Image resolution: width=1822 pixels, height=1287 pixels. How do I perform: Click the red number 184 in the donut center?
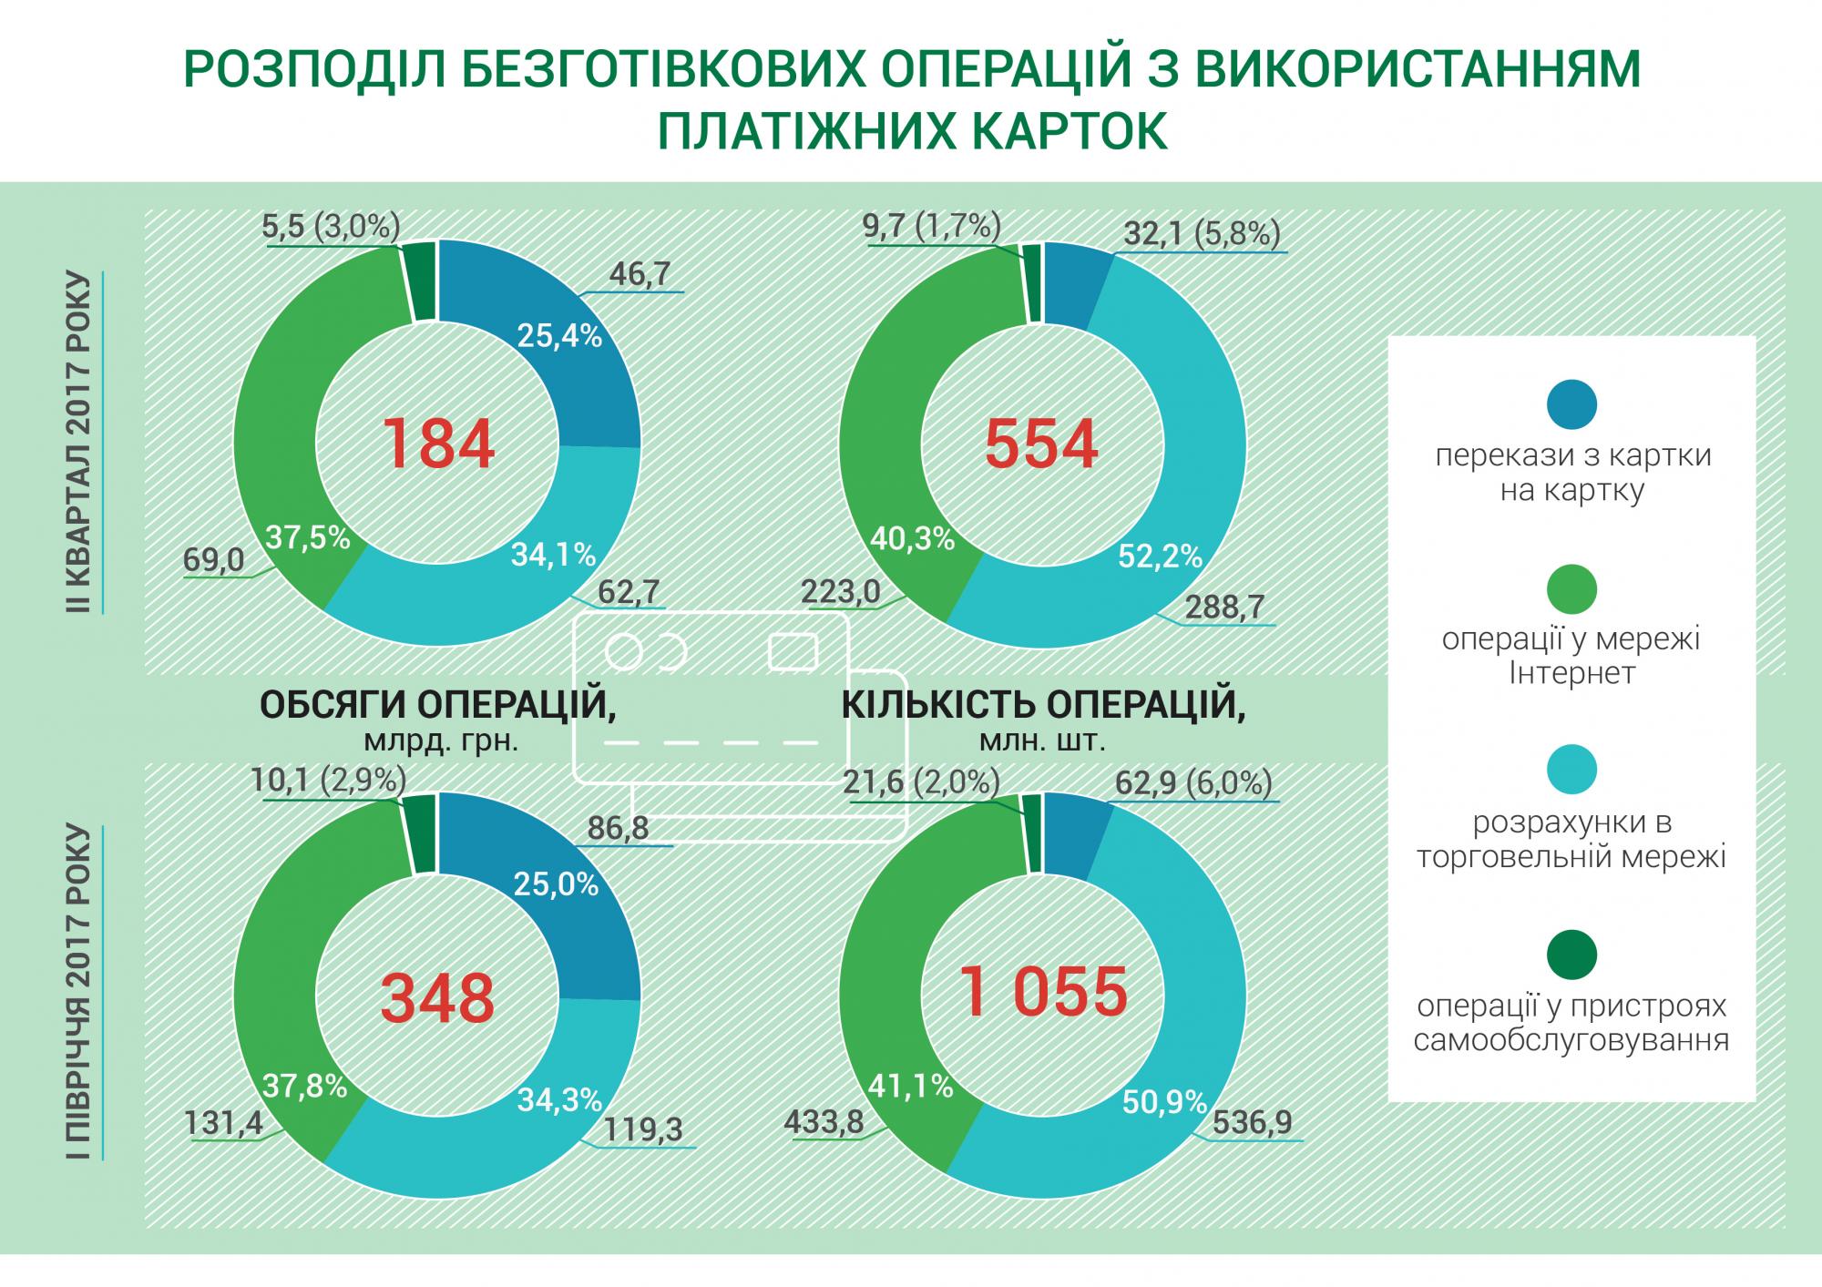[437, 444]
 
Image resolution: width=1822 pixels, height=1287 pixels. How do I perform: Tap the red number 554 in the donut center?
[1041, 444]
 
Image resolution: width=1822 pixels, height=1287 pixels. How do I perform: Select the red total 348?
[437, 996]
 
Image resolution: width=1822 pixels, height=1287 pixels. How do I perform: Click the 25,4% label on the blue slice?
[558, 336]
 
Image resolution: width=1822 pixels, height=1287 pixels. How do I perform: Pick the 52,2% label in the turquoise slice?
[1160, 556]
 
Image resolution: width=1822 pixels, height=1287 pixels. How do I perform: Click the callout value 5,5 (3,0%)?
[330, 226]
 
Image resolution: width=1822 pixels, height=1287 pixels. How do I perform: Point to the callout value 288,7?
[1225, 608]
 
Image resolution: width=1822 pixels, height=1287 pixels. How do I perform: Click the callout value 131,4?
[223, 1122]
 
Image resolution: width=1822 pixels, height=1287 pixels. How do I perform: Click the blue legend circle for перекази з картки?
[1571, 404]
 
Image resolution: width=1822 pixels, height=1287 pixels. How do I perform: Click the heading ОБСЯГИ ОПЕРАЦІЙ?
[437, 707]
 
